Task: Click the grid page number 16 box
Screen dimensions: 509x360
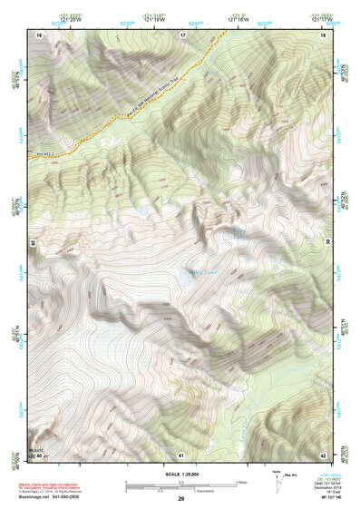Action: click(x=39, y=34)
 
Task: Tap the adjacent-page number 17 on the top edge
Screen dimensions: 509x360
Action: click(x=182, y=34)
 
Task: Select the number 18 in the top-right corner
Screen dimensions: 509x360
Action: click(x=324, y=34)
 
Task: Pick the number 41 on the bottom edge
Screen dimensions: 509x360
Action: click(x=181, y=454)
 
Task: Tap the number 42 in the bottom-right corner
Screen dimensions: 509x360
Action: click(x=324, y=454)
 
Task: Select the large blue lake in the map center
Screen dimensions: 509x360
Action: click(x=184, y=280)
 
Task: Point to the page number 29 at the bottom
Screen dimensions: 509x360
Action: click(x=181, y=500)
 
